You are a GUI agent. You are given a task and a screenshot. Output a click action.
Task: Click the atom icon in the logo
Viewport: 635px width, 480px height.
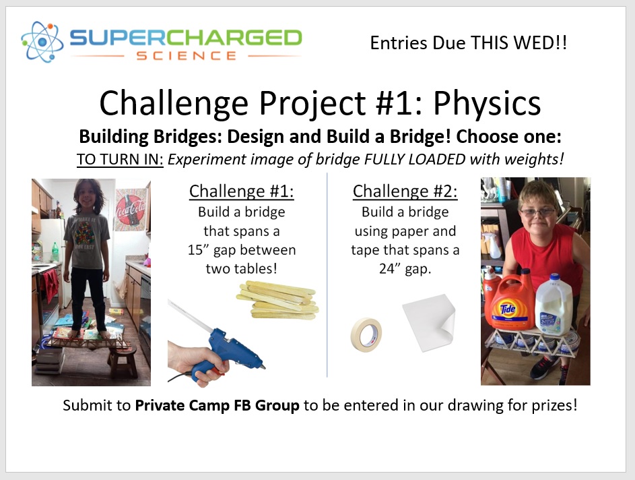pyautogui.click(x=42, y=42)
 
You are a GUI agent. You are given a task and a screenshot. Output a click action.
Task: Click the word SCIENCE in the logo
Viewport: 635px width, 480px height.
pyautogui.click(x=187, y=56)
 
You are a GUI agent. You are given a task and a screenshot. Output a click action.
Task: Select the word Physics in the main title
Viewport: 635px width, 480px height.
pyautogui.click(x=487, y=104)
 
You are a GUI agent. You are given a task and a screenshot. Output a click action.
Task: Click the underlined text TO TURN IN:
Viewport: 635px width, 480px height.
pyautogui.click(x=120, y=159)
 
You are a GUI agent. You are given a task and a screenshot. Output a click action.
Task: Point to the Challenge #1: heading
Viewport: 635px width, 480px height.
pyautogui.click(x=241, y=191)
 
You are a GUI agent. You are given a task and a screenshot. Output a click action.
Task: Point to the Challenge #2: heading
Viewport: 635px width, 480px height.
pyautogui.click(x=405, y=191)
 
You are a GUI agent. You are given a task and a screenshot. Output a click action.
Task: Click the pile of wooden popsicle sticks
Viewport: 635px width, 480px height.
pyautogui.click(x=278, y=299)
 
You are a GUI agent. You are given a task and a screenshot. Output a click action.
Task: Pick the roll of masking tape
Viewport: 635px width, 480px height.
pyautogui.click(x=366, y=334)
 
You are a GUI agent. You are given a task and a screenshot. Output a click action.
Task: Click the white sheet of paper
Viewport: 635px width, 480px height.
pyautogui.click(x=429, y=323)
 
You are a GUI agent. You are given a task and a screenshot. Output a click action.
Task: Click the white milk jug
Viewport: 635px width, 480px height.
pyautogui.click(x=554, y=305)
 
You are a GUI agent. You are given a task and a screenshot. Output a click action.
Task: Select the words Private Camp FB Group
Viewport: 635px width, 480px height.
pyautogui.click(x=217, y=405)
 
